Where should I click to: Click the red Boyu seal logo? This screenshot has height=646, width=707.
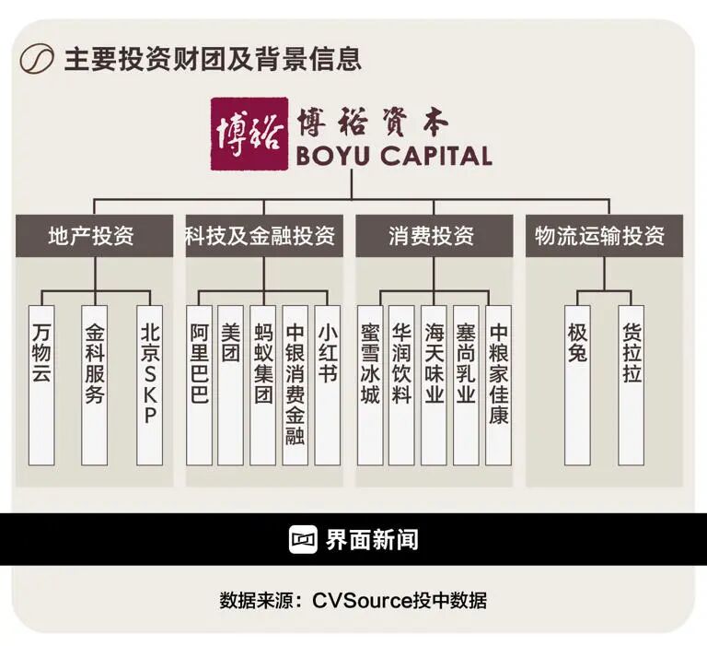(x=249, y=134)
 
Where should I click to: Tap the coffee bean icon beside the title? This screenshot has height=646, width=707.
(x=36, y=59)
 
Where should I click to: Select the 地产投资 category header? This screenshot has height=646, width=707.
(x=94, y=236)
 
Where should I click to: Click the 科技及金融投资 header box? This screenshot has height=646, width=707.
(x=264, y=236)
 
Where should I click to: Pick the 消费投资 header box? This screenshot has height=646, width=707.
(x=435, y=236)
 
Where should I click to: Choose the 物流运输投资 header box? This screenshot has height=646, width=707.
(x=604, y=236)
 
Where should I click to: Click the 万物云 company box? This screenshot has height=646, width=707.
(x=41, y=385)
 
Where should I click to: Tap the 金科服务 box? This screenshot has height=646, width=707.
(x=94, y=385)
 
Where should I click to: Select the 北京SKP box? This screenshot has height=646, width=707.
(x=150, y=385)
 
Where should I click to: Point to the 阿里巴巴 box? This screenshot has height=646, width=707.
(x=199, y=385)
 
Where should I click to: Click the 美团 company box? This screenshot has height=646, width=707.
(x=230, y=385)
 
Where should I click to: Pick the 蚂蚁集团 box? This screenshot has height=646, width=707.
(x=263, y=385)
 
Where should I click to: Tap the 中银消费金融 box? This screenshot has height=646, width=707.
(x=295, y=385)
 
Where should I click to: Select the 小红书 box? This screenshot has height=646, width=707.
(x=328, y=385)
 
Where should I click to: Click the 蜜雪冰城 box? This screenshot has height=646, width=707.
(x=370, y=385)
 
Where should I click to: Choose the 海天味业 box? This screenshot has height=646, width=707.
(x=435, y=385)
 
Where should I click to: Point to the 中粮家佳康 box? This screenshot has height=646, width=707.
(x=498, y=385)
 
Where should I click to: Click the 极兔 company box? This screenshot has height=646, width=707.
(x=577, y=385)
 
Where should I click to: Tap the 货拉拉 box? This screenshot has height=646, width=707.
(x=632, y=385)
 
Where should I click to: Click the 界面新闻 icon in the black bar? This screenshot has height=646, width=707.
(x=304, y=539)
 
